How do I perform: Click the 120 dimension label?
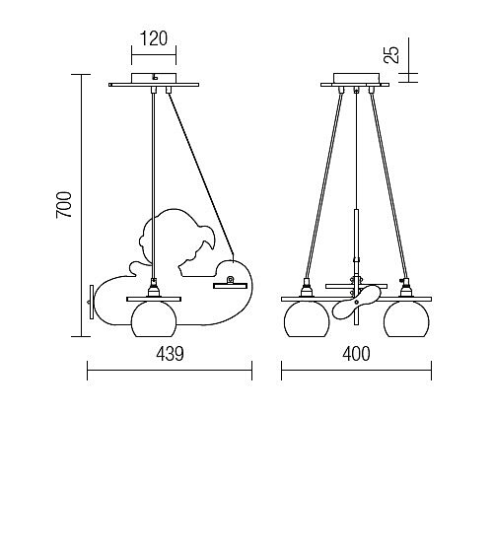tap(154, 38)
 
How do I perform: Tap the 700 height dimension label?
tap(64, 205)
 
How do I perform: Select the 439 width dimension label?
tap(170, 354)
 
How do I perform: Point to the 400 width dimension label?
tap(356, 354)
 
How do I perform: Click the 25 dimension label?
tap(391, 54)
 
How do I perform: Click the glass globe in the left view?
tap(154, 319)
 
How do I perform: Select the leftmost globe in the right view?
tap(307, 319)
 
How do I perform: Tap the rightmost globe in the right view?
tap(406, 319)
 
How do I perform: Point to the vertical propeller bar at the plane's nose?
tap(92, 302)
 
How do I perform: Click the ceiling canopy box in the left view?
tap(154, 78)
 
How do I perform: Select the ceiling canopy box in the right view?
tap(356, 78)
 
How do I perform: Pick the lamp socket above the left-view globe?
tap(154, 288)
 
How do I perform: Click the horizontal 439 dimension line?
tap(170, 371)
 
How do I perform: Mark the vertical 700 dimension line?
tap(81, 205)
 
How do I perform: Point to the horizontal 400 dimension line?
tap(356, 371)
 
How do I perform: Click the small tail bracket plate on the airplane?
tap(231, 286)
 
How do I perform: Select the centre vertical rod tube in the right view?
tap(356, 234)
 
